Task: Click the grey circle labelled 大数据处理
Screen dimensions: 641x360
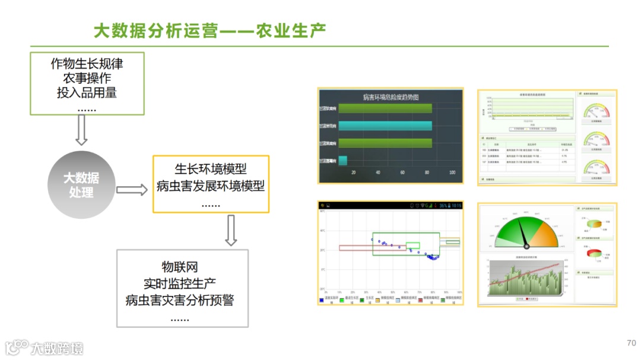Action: [81, 184]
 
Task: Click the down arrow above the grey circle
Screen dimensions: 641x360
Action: [81, 129]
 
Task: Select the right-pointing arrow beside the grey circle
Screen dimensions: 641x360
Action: [131, 190]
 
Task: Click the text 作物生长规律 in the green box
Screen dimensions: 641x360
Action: [87, 63]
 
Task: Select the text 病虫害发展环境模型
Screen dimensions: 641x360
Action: [211, 186]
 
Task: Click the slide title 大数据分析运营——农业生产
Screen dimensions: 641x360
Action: [210, 30]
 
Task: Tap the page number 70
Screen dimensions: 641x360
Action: [631, 343]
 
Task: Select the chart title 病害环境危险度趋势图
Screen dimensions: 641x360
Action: [391, 97]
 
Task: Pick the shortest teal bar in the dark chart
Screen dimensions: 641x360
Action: [342, 160]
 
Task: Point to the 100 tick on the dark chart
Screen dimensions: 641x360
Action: [452, 173]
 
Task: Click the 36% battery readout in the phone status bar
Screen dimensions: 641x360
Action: [442, 205]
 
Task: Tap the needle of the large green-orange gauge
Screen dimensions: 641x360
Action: [523, 232]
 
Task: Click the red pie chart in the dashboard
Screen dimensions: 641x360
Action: [594, 253]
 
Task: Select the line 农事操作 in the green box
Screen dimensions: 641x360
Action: [87, 78]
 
